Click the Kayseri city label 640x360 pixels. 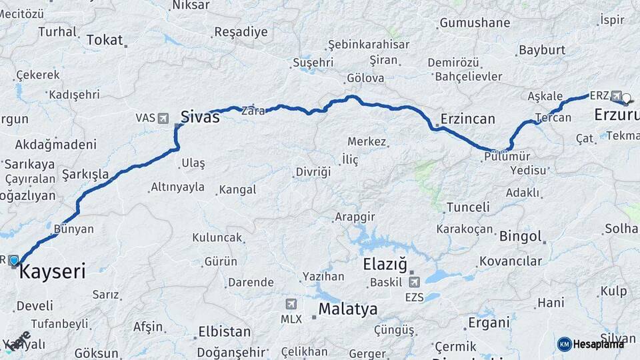click(x=52, y=272)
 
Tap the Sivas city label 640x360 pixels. click(x=199, y=117)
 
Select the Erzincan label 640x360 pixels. click(x=467, y=119)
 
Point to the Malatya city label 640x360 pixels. click(x=347, y=309)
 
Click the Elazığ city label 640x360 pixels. click(x=385, y=264)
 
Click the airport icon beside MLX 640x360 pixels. click(x=291, y=304)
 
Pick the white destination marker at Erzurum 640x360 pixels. click(x=626, y=99)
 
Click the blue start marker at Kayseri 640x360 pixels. click(x=14, y=261)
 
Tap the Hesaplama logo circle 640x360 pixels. click(x=564, y=344)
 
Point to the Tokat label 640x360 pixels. click(x=105, y=41)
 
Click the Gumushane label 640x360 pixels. click(x=474, y=23)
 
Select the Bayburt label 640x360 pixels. click(x=542, y=50)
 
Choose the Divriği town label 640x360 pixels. click(x=313, y=172)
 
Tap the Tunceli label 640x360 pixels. click(x=468, y=207)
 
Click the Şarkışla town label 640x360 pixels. click(x=85, y=175)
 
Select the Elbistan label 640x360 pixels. click(x=225, y=332)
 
